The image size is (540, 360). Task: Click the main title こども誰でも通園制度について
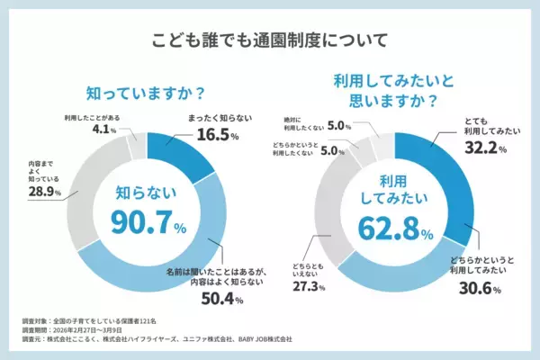tap(270, 40)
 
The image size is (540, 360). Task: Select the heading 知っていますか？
tap(143, 93)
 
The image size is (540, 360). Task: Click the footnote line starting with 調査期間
tap(76, 330)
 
